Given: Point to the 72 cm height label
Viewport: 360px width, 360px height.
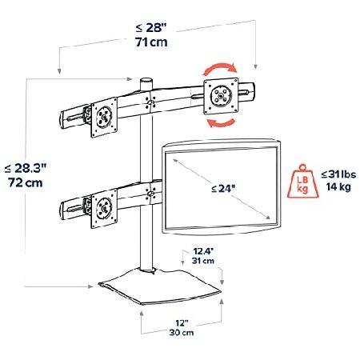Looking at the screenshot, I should (24, 183).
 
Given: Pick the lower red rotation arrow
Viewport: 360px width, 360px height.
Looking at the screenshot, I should (221, 122).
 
